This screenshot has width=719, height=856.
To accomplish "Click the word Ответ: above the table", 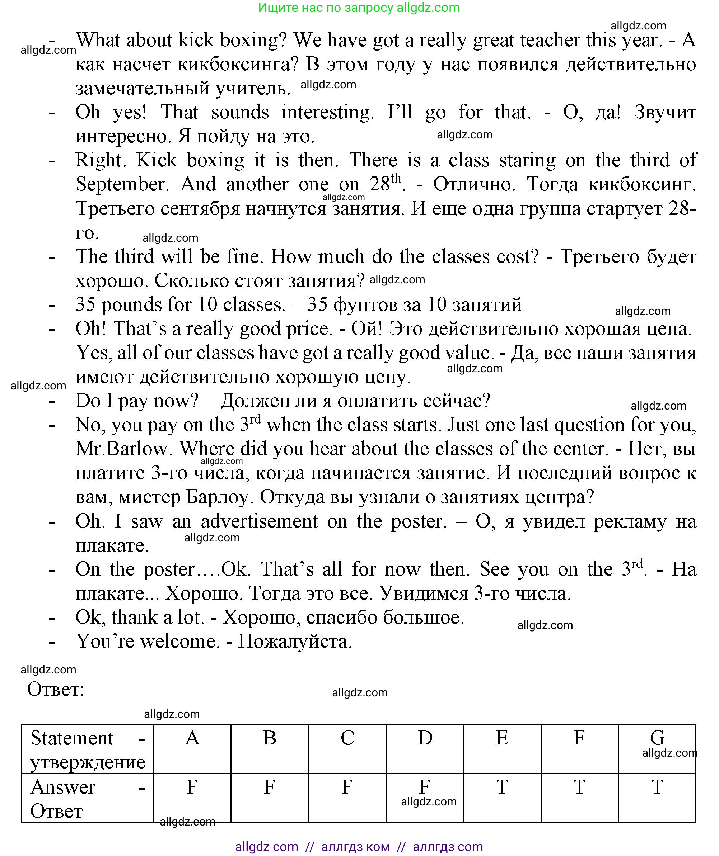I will [x=56, y=689].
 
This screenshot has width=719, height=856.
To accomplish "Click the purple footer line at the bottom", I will [x=359, y=847].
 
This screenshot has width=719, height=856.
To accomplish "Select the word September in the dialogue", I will [x=122, y=184].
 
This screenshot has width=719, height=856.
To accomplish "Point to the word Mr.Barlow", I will [x=122, y=449].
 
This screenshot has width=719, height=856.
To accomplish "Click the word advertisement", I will [x=259, y=521].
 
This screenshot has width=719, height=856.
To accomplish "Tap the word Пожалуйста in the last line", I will [x=294, y=642].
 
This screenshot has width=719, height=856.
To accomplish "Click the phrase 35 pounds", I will [x=125, y=304].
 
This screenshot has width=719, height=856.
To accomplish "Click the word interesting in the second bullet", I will [x=327, y=112].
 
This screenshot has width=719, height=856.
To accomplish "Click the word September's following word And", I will [x=198, y=184].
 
